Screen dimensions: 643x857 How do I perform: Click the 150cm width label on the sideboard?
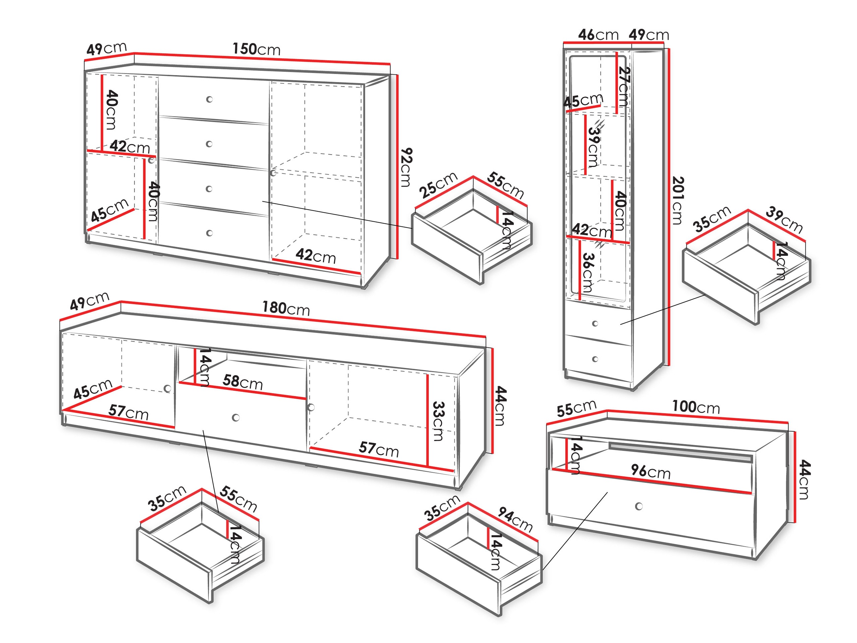coord(256,49)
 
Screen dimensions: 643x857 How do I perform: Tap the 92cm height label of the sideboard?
coord(406,167)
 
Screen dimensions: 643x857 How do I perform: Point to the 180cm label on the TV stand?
coord(286,308)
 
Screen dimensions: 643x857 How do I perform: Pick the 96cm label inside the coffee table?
coord(650,471)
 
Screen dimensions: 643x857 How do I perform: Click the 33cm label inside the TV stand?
coord(438,421)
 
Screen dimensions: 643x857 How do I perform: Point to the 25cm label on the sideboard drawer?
coord(438,185)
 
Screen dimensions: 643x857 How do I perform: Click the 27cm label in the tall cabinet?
coord(623,86)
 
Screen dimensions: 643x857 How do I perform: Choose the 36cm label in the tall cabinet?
coord(588,273)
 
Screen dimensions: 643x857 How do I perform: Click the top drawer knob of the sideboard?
coord(209,99)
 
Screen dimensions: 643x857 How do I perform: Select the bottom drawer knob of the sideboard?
coord(210,233)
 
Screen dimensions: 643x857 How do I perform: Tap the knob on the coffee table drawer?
coord(639,506)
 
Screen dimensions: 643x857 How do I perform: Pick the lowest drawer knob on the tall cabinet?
coord(595,359)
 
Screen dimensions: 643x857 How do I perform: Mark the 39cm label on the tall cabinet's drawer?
coord(784,220)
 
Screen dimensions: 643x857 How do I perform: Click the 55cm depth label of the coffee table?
coord(576,409)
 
